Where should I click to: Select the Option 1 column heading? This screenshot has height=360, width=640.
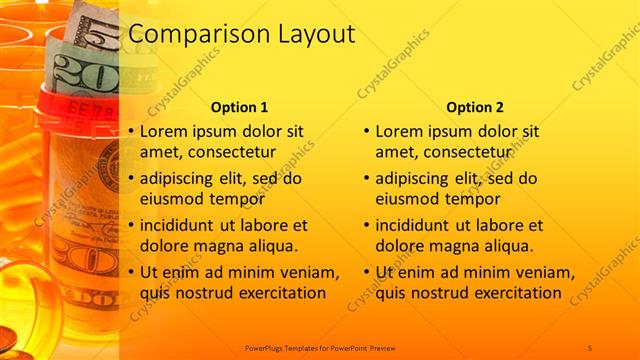pyautogui.click(x=240, y=107)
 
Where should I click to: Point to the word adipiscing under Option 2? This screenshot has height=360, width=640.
pyautogui.click(x=413, y=179)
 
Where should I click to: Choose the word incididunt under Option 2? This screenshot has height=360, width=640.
pyautogui.click(x=417, y=226)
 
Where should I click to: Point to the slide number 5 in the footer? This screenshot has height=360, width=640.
pyautogui.click(x=590, y=346)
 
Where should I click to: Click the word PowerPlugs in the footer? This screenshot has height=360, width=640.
pyautogui.click(x=265, y=346)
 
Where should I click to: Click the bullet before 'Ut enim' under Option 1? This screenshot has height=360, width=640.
pyautogui.click(x=130, y=273)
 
